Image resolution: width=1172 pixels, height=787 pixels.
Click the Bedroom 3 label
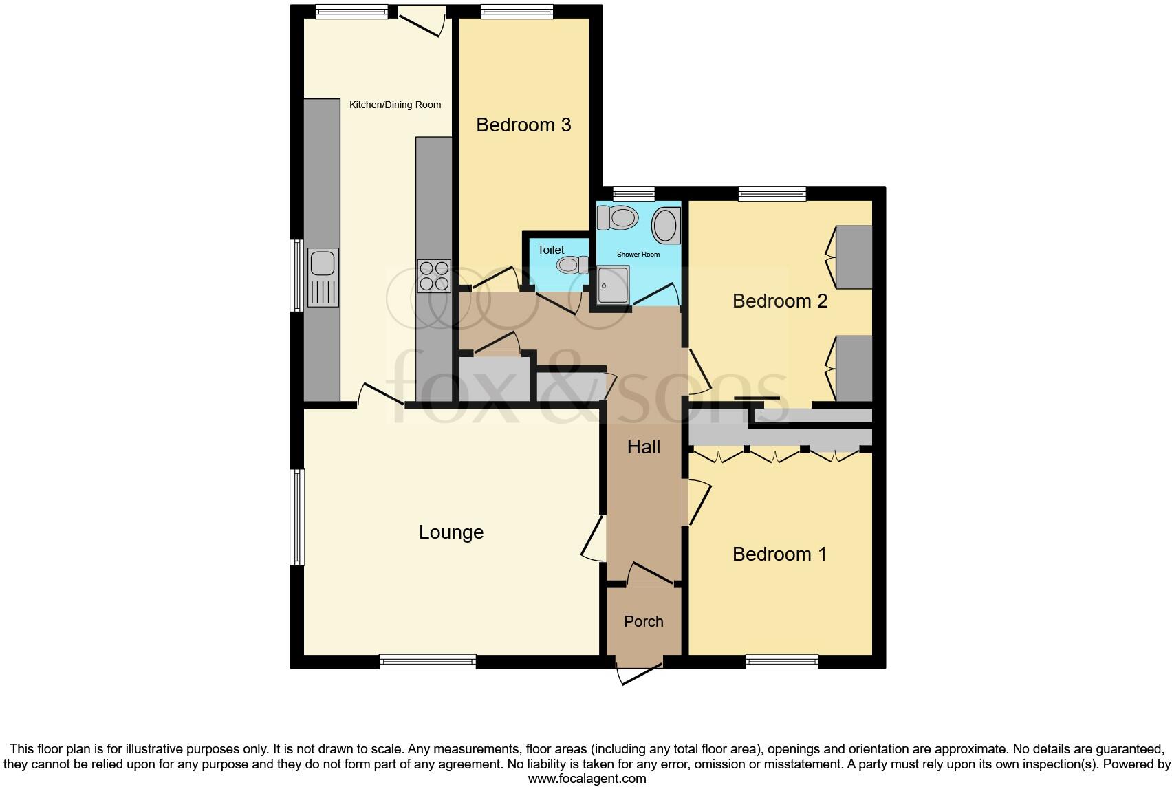pos(523,125)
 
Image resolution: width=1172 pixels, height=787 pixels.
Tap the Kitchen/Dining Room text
pos(395,105)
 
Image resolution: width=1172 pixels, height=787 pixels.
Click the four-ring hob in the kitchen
pos(434,275)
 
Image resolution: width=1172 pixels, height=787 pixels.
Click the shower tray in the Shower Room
pos(612,285)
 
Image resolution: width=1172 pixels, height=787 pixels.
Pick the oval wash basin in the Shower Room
pos(665,225)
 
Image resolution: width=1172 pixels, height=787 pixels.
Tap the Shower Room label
pos(638,255)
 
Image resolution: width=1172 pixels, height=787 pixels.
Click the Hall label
pos(644,447)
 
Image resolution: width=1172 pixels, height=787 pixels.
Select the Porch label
pos(644,621)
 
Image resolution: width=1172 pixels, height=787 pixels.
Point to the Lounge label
pos(451,532)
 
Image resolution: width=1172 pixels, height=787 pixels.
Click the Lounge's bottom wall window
pos(427,661)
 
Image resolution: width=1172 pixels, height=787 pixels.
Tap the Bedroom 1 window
pos(782,661)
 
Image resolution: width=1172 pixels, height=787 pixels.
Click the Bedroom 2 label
pos(779,301)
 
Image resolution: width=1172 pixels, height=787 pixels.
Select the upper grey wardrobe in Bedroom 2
pos(854,257)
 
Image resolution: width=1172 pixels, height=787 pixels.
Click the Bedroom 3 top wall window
pos(517,11)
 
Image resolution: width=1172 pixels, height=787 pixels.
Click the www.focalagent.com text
pos(587,779)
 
